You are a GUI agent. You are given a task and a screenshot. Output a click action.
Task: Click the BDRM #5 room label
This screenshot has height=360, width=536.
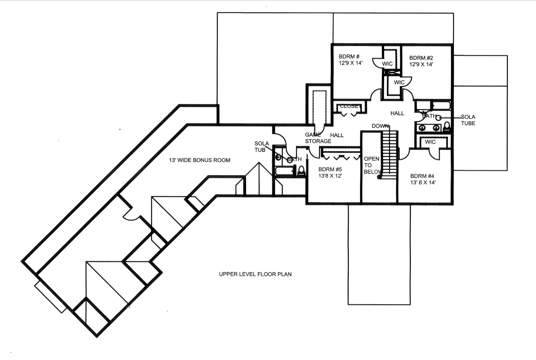330,169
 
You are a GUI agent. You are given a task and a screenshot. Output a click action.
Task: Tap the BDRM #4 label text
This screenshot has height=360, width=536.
422,176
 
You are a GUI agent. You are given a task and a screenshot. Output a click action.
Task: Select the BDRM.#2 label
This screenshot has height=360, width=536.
421,58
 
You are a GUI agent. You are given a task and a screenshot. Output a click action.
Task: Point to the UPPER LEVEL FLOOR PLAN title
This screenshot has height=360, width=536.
255,274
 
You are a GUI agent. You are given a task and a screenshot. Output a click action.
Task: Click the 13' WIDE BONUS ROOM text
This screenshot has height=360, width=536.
199,160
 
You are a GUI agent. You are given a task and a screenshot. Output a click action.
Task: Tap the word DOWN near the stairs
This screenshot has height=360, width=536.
380,126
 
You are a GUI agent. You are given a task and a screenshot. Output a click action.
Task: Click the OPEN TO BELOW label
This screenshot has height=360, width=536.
372,165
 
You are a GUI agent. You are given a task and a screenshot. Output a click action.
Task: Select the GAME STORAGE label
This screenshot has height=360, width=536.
318,138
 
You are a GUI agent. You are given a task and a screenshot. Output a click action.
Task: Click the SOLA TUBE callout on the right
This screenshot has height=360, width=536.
468,120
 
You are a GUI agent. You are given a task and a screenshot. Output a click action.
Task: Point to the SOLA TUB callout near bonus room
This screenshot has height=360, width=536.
261,147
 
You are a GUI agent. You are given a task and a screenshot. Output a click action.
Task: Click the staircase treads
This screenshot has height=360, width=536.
389,153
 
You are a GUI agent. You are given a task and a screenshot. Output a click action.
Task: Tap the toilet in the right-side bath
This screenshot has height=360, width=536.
447,127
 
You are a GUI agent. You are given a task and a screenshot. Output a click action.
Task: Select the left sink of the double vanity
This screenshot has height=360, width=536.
422,128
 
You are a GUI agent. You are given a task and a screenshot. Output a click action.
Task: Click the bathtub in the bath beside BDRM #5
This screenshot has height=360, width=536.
284,171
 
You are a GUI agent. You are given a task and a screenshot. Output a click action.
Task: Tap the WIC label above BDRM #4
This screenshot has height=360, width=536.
430,142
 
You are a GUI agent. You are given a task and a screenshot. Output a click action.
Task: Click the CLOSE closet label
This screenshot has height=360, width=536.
349,106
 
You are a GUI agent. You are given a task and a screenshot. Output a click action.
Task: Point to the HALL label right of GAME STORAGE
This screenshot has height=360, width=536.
337,135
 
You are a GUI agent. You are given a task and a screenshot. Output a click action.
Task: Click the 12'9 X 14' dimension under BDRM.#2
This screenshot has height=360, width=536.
421,64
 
